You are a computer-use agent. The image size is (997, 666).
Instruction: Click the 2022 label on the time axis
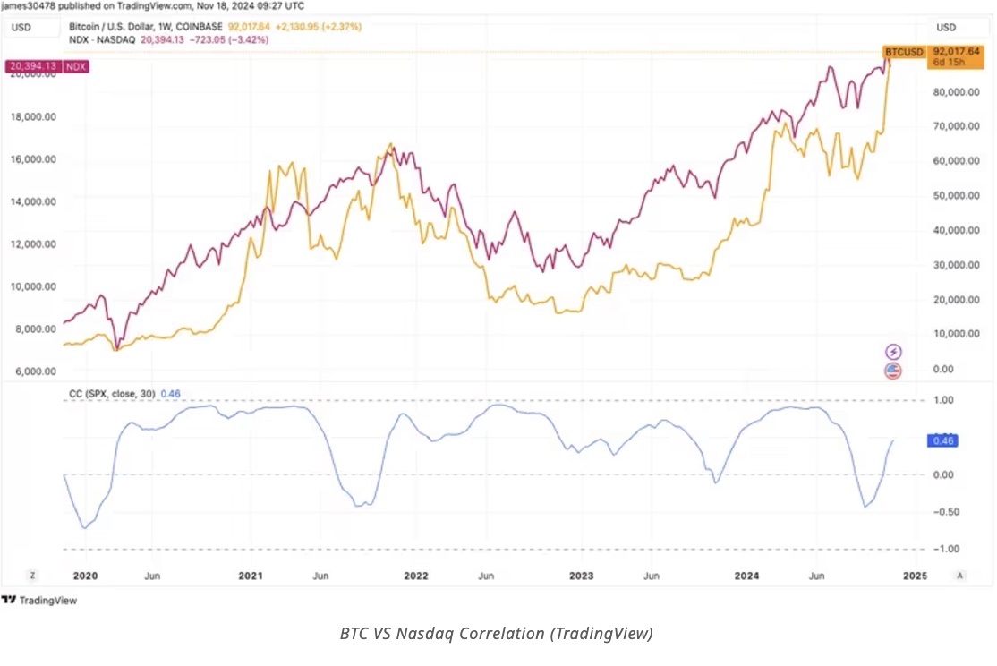(x=416, y=576)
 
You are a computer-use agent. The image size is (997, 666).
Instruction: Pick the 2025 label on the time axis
(x=915, y=576)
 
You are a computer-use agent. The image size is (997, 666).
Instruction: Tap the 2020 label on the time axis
(x=84, y=576)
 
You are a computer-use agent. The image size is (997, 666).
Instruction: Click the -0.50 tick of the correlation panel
(x=948, y=512)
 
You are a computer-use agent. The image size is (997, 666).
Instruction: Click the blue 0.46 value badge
(x=945, y=440)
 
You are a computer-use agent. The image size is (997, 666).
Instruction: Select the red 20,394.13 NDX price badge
(x=47, y=66)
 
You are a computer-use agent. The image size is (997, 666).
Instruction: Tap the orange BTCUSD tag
(x=904, y=53)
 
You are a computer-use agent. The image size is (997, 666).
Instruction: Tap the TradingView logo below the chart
(x=39, y=601)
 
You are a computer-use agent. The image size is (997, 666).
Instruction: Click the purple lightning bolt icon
(x=893, y=352)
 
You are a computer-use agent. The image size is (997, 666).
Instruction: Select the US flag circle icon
(x=893, y=371)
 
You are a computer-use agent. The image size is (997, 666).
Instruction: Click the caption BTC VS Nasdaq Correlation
(x=497, y=634)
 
